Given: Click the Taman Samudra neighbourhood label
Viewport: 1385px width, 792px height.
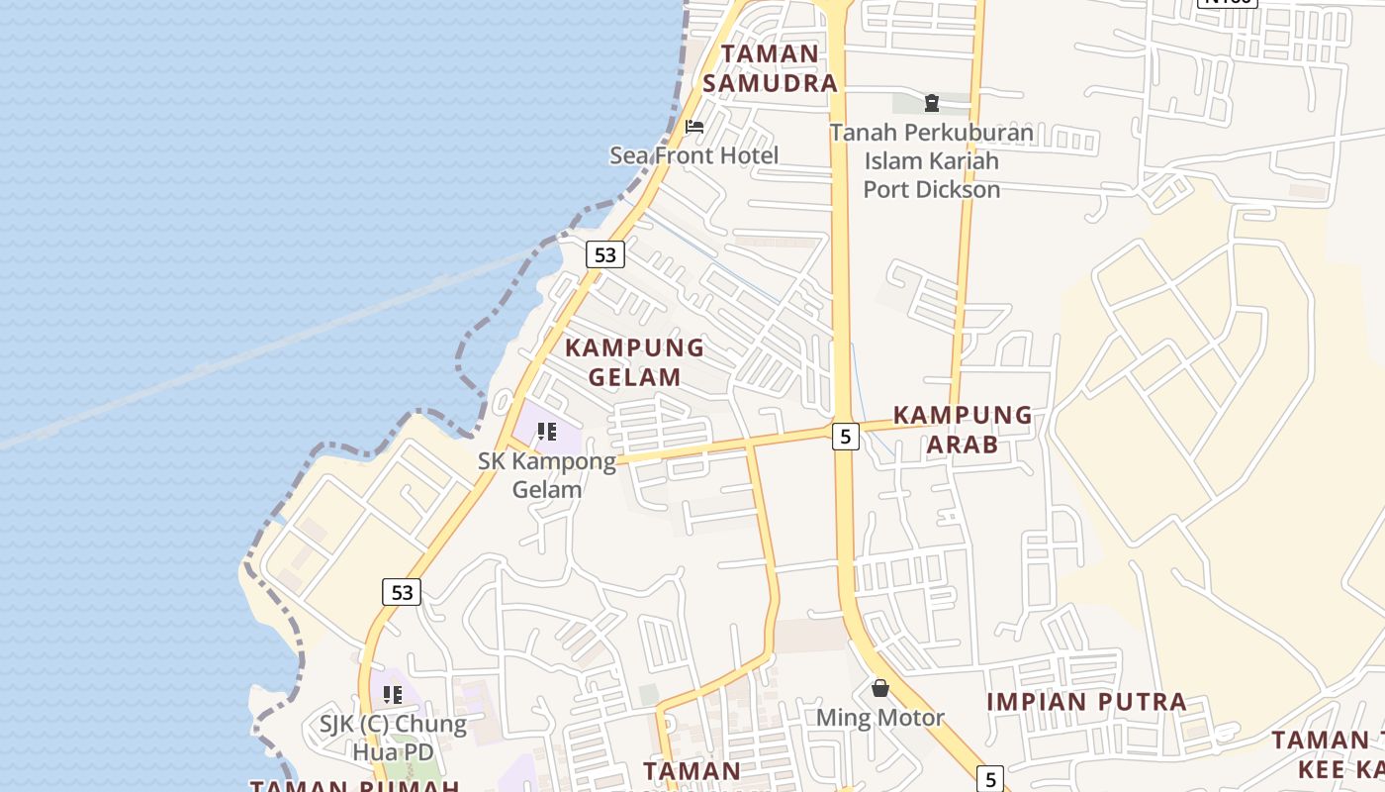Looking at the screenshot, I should [x=771, y=68].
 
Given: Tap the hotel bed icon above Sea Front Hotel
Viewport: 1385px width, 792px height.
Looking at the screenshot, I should [x=694, y=127].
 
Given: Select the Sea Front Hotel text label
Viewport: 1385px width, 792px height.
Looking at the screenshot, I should [x=693, y=155].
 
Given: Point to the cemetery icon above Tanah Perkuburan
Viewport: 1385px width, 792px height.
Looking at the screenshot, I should [x=931, y=102].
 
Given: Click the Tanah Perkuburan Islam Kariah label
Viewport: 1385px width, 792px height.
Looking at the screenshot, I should [x=931, y=160].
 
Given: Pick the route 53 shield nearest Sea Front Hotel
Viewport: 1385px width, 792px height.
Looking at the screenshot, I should [x=604, y=254].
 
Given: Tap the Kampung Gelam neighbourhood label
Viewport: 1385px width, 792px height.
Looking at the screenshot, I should [x=634, y=362].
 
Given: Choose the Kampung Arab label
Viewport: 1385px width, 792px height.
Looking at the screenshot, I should [x=963, y=430].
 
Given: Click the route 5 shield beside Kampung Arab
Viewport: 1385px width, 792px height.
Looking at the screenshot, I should [x=845, y=436].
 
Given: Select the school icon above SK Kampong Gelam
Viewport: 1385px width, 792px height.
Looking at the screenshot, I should [x=546, y=432].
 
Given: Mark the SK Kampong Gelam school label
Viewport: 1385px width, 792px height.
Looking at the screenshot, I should [x=546, y=475].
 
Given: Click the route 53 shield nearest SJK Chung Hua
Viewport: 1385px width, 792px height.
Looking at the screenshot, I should [x=402, y=592].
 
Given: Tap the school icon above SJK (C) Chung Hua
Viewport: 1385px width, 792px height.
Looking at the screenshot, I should [x=393, y=695].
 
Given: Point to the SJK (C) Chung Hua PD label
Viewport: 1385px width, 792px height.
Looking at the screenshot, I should [x=393, y=738].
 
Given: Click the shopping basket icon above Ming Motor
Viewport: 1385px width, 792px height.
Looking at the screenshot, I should [x=879, y=688].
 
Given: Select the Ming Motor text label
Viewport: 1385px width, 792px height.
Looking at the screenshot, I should [x=879, y=718].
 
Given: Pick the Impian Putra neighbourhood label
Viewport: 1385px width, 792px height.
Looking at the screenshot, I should [x=1086, y=702].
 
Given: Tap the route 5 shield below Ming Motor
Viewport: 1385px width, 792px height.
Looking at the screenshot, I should [x=990, y=778].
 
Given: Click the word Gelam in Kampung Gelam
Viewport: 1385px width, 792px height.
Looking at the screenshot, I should [x=634, y=377].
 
